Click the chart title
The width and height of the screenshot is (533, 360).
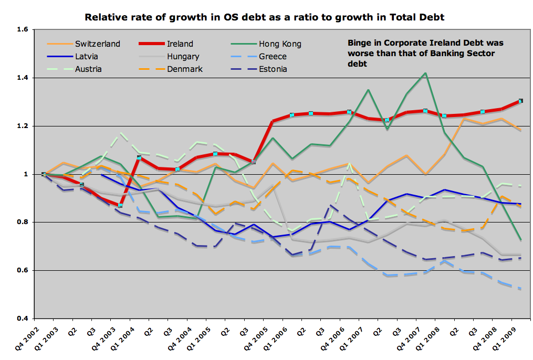[265, 17]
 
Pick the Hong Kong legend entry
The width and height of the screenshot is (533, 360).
[279, 44]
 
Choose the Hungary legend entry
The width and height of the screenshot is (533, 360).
[183, 56]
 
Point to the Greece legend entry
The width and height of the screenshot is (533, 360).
[272, 56]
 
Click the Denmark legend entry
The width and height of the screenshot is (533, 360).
[185, 69]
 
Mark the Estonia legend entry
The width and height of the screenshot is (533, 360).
[273, 69]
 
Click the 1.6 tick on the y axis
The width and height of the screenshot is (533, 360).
[22, 30]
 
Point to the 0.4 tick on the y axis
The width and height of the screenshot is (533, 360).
[22, 319]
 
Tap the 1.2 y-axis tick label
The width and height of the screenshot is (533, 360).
[22, 126]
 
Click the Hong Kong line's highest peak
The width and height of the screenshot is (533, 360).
[425, 73]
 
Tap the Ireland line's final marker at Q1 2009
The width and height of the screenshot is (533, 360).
[520, 101]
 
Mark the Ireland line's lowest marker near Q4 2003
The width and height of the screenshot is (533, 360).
[120, 205]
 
